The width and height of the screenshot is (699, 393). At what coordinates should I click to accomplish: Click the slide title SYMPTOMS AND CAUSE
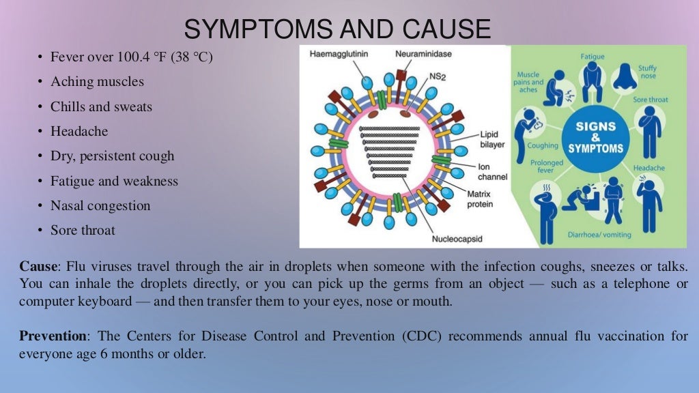pyautogui.click(x=337, y=29)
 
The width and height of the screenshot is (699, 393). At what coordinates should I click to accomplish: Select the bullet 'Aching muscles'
pyautogui.click(x=97, y=82)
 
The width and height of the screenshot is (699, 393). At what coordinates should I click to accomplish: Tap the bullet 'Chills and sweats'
pyautogui.click(x=101, y=106)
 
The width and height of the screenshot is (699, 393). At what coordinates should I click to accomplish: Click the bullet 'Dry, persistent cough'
pyautogui.click(x=112, y=156)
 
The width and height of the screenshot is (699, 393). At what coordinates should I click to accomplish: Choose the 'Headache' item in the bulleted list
pyautogui.click(x=79, y=131)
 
